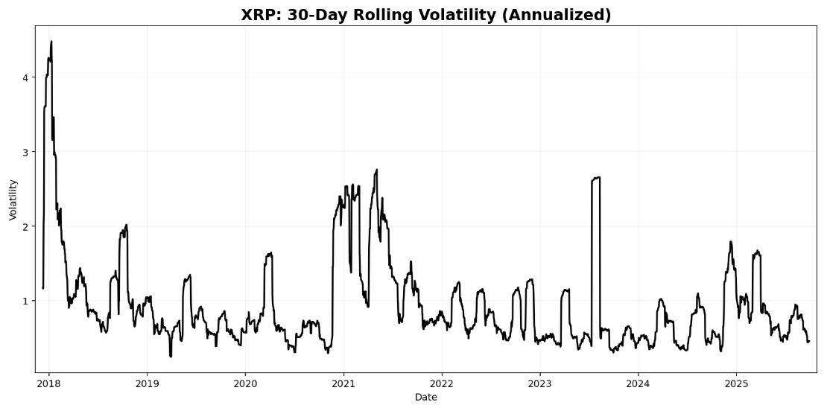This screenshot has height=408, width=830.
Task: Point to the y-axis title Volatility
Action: click(13, 199)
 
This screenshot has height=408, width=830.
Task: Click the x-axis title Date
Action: click(426, 398)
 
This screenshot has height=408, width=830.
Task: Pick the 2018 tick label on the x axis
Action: click(48, 383)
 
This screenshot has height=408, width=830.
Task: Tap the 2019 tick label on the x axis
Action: click(147, 383)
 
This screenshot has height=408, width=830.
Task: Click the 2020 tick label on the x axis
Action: click(245, 383)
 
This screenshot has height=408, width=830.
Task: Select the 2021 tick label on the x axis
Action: click(343, 383)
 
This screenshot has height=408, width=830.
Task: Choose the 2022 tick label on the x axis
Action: click(442, 383)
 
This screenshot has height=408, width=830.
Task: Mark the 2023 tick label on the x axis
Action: click(539, 383)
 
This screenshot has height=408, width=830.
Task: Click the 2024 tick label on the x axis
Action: click(638, 383)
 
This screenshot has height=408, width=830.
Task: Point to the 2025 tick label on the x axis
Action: click(736, 383)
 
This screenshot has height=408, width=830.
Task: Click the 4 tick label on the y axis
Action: click(27, 77)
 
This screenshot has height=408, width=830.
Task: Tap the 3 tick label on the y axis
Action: click(27, 152)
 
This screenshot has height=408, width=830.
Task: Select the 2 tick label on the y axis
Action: click(27, 226)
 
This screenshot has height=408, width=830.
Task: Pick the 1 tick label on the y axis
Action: click(27, 301)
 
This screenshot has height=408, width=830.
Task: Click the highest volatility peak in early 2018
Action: click(51, 42)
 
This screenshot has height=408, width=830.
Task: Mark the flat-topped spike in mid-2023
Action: click(596, 178)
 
